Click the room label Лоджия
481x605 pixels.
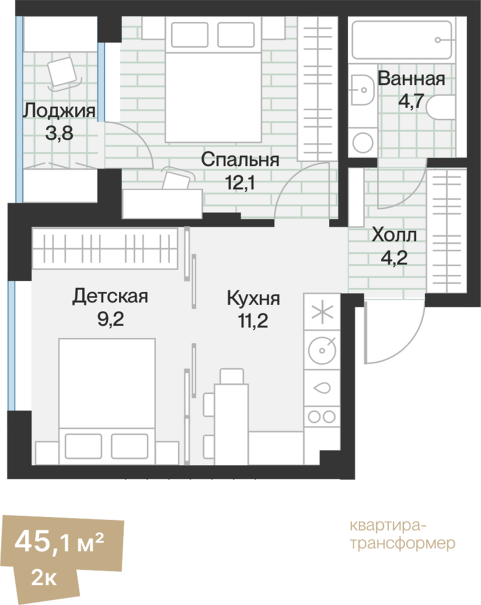click(x=59, y=110)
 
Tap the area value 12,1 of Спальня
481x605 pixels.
click(x=240, y=184)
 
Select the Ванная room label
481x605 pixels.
click(x=411, y=79)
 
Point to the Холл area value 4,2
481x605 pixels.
click(x=394, y=257)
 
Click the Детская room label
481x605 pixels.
click(x=110, y=296)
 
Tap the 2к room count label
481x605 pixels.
click(x=44, y=579)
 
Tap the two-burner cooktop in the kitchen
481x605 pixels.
click(x=321, y=416)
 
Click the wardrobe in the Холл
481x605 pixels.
click(x=447, y=230)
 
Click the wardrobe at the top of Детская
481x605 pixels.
click(x=104, y=249)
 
